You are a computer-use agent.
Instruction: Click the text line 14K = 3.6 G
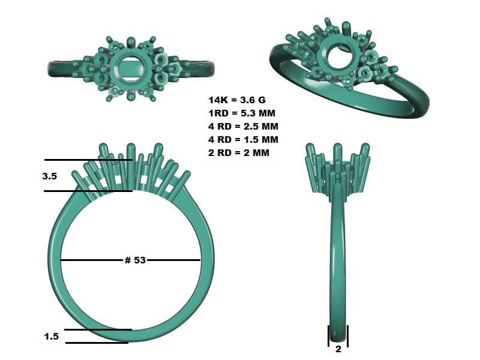[x=237, y=100]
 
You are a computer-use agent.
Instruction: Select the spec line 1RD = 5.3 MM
[x=242, y=113]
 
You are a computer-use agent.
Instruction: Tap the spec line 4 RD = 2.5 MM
[x=244, y=127]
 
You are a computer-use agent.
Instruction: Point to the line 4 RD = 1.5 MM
[x=244, y=140]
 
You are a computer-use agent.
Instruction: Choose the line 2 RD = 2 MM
[x=239, y=153]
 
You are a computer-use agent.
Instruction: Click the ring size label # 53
[x=135, y=260]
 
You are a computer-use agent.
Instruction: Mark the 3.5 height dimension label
[x=50, y=176]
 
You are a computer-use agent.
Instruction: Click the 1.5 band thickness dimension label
[x=52, y=337]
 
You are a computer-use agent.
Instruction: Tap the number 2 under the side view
[x=338, y=349]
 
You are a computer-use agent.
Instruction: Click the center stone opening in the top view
[x=130, y=70]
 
